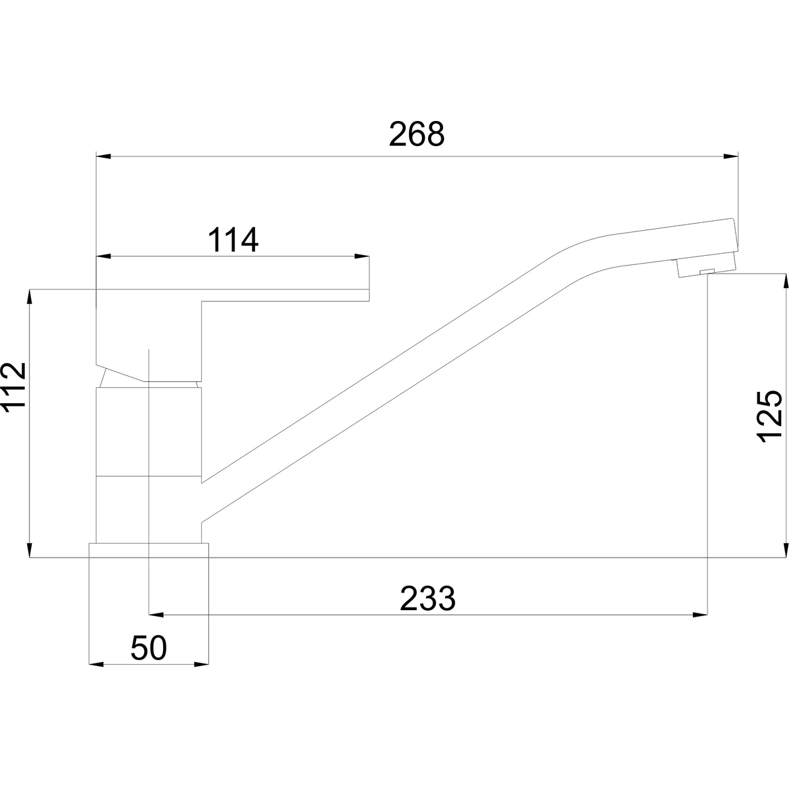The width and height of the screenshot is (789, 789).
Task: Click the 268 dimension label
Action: pos(416,134)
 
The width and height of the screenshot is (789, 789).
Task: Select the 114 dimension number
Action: pos(233,239)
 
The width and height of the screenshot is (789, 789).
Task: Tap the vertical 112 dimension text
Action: pos(14,386)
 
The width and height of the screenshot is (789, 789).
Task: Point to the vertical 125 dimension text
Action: pos(770,416)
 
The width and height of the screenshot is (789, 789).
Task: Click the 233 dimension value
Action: pos(427,598)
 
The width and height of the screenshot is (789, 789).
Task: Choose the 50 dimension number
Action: pos(149,648)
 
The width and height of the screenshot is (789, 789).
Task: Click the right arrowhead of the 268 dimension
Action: pos(731,156)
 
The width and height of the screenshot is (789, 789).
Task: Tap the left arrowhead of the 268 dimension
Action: pos(104,156)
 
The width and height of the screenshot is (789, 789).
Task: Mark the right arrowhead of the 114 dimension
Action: pos(362,256)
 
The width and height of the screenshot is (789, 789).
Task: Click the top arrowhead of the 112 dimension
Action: pos(30,297)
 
